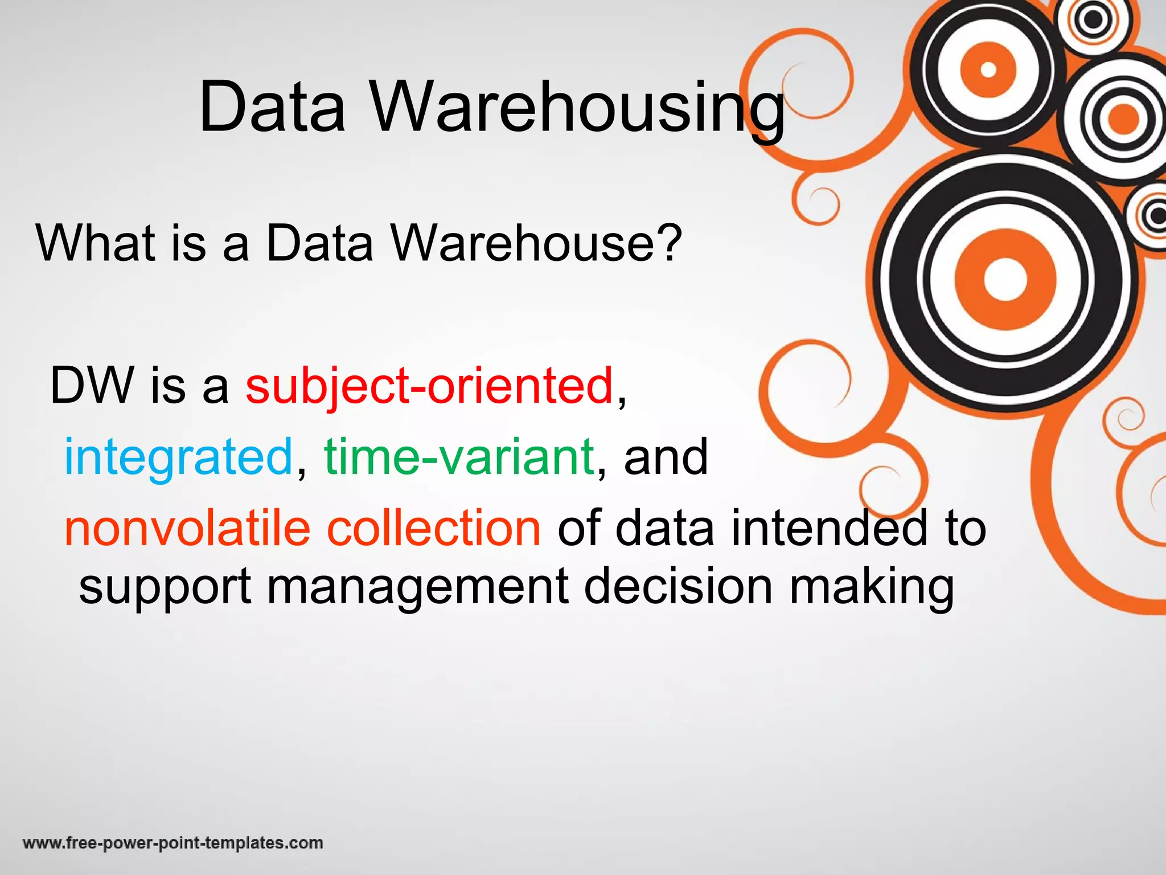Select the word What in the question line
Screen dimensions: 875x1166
(96, 243)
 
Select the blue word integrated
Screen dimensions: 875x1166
(178, 457)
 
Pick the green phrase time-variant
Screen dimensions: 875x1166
(459, 456)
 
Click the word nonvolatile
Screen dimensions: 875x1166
(187, 528)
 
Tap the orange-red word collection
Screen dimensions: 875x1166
(433, 528)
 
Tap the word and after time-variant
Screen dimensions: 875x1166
(666, 457)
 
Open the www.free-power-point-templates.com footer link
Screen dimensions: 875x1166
(173, 843)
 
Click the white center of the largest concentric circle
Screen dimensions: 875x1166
(1005, 279)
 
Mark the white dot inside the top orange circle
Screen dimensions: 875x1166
(989, 69)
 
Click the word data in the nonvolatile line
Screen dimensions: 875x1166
(664, 528)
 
